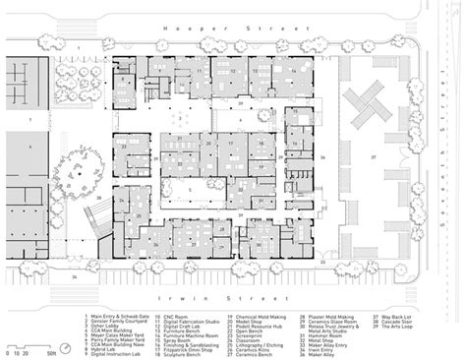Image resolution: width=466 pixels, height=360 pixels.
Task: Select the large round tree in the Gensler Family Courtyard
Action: coord(74,167)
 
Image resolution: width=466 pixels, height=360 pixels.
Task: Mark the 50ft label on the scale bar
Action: coord(46,353)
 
